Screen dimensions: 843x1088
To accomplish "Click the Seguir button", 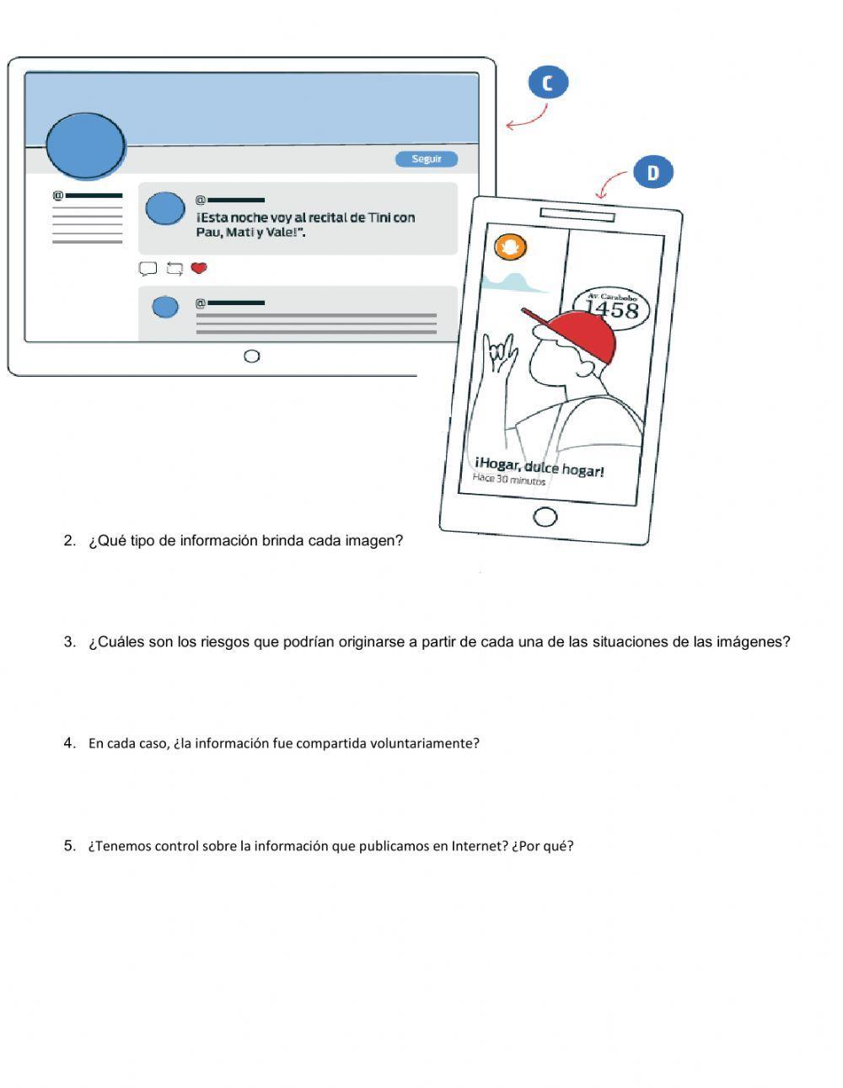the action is [426, 158].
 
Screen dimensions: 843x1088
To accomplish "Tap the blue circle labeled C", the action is [548, 83].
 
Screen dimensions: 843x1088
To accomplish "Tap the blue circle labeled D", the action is [652, 173].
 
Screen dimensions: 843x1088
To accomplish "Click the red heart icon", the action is [199, 268].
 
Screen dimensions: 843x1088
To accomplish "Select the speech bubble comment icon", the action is [148, 269].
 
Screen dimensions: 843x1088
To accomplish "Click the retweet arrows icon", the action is [175, 269].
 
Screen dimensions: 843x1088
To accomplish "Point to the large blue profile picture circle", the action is [86, 145].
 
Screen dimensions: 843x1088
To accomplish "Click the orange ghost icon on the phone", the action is [510, 247].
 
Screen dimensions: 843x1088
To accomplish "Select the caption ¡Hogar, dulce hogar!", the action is [540, 467].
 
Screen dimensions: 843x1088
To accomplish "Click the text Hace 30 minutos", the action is [508, 480].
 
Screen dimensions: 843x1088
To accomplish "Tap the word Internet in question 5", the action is [480, 846].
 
